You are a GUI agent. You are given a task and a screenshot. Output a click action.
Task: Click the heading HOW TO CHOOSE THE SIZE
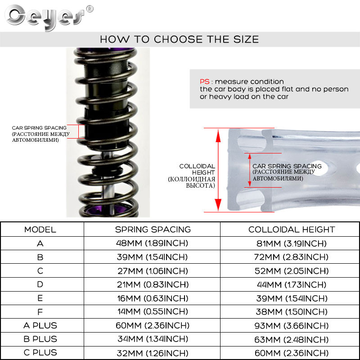(179, 39)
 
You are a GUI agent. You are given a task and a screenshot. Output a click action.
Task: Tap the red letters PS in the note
(205, 81)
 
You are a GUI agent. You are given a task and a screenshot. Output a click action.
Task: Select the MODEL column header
(40, 229)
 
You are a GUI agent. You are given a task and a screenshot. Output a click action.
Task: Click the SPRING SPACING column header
(153, 229)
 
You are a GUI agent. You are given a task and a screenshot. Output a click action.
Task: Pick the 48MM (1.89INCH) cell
(153, 243)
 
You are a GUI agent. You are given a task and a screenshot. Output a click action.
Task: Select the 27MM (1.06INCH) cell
(153, 271)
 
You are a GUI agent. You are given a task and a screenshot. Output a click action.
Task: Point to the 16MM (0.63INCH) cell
(153, 298)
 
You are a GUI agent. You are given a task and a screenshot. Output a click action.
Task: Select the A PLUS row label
(40, 325)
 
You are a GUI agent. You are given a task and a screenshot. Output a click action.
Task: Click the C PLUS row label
(40, 353)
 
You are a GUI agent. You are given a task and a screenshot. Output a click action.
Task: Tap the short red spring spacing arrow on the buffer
(249, 170)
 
